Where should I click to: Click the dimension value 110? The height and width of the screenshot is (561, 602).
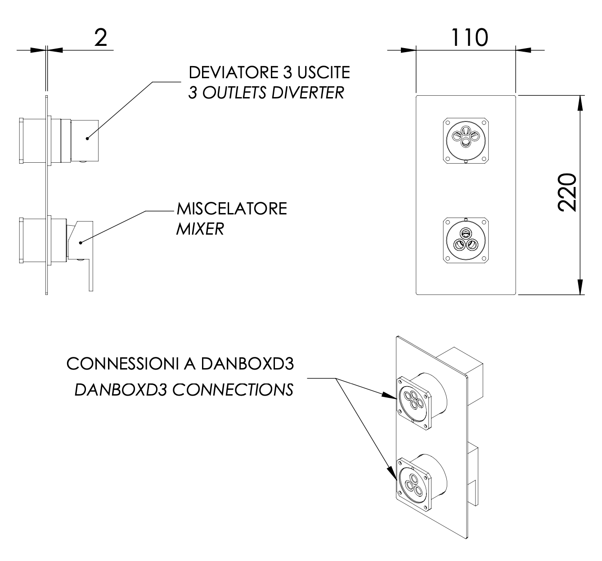click(x=469, y=38)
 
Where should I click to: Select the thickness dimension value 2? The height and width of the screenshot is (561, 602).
click(x=101, y=38)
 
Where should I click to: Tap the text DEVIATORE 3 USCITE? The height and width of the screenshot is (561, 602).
click(x=269, y=72)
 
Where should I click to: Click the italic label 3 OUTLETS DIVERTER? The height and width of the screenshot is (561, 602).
click(x=266, y=93)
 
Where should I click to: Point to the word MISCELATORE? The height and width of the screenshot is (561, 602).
click(x=232, y=209)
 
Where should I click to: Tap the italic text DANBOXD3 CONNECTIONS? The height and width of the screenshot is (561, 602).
click(x=184, y=390)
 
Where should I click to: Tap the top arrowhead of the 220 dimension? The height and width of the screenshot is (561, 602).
click(x=581, y=103)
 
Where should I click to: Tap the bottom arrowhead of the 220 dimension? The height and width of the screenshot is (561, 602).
click(x=581, y=286)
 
